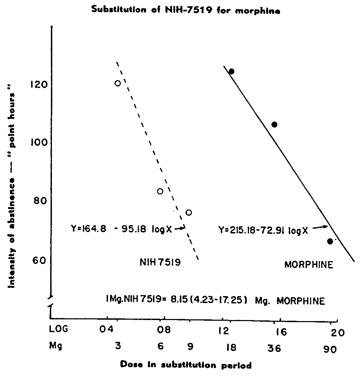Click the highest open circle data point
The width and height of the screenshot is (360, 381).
118,83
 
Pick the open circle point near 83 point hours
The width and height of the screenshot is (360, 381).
160,191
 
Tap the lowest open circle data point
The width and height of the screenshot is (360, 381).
189,212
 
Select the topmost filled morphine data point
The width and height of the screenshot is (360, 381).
232,71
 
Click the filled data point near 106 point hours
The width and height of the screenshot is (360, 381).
274,125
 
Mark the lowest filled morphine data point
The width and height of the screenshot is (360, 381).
330,241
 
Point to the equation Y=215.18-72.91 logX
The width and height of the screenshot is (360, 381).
263,230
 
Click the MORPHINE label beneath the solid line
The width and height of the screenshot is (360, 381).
309,265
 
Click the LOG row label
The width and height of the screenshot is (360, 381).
58,329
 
